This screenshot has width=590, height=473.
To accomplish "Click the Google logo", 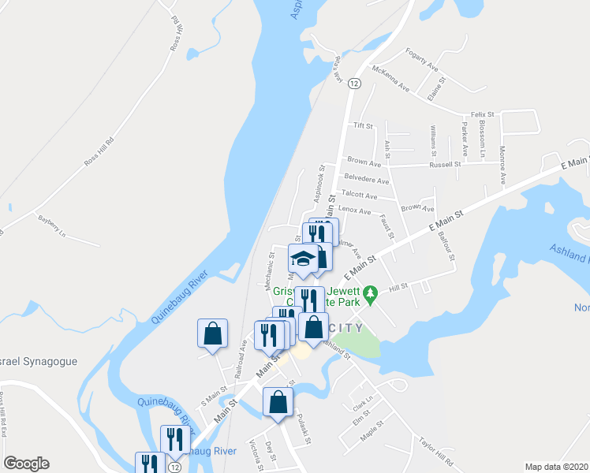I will tap(26, 464).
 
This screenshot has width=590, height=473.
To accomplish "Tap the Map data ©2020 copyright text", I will tap(555, 467).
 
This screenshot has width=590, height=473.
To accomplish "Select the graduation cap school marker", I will tap(303, 258).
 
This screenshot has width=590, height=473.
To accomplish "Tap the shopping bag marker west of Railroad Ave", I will tap(213, 333).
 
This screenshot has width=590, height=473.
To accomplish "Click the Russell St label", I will tap(444, 165).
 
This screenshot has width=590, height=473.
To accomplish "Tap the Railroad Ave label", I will tap(242, 351).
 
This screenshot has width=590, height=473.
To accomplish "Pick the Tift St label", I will tap(363, 126).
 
